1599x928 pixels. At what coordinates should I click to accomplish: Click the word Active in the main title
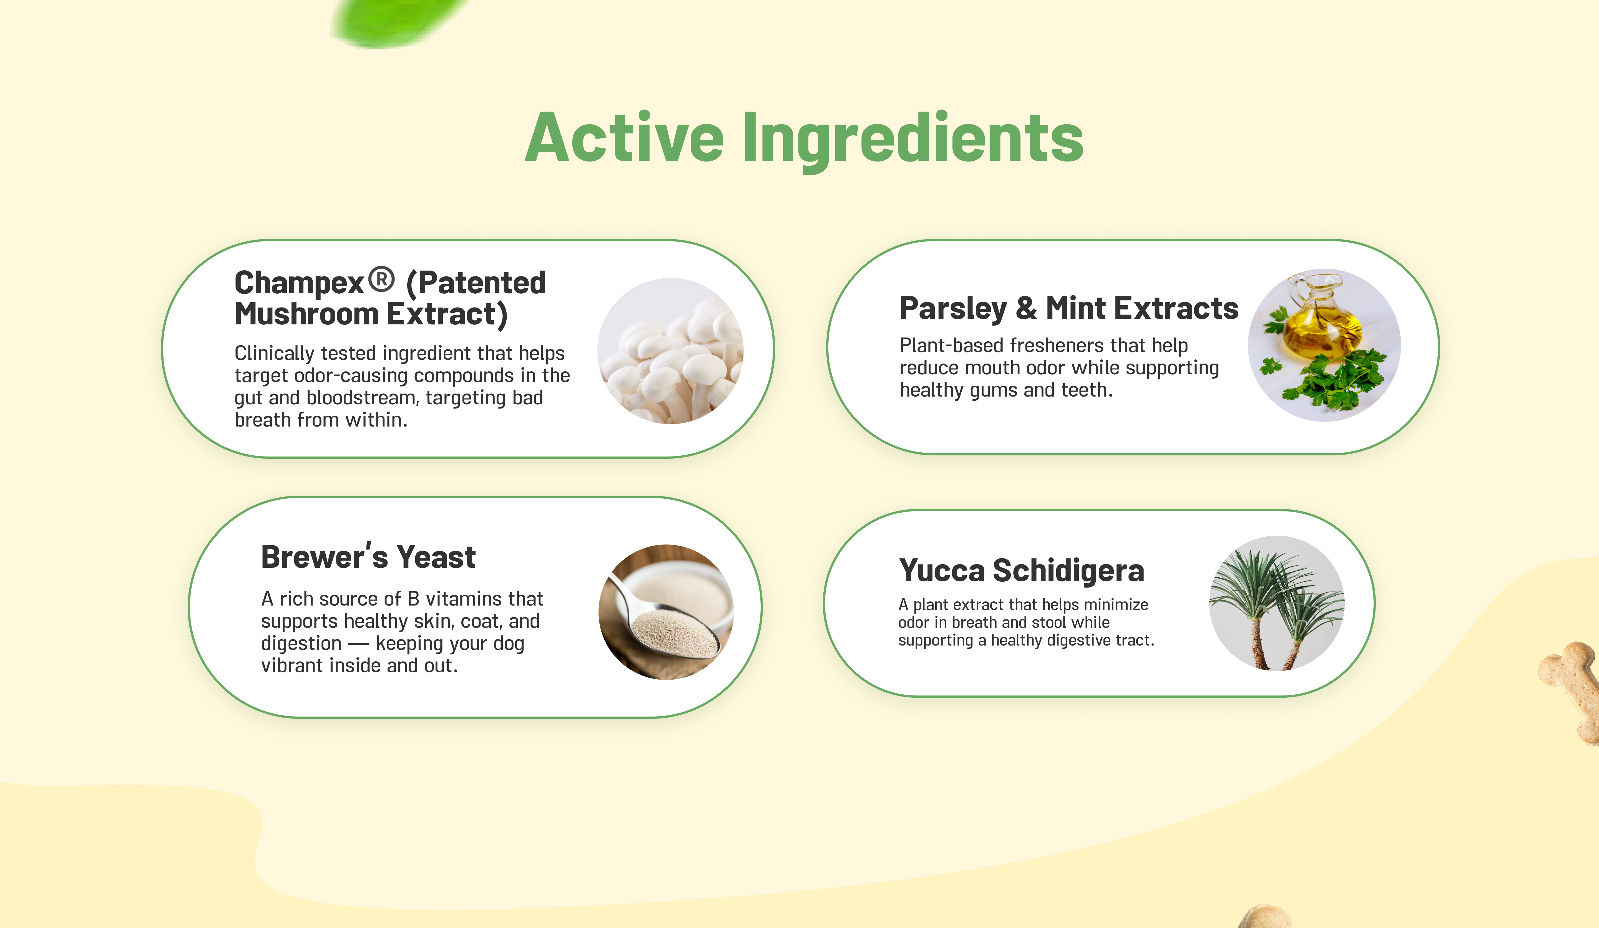pos(624,138)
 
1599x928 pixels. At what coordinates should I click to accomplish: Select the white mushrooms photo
pos(671,351)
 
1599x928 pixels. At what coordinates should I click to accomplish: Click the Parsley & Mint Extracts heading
pos(1068,308)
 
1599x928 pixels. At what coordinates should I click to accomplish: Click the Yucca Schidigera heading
pos(1022,570)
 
